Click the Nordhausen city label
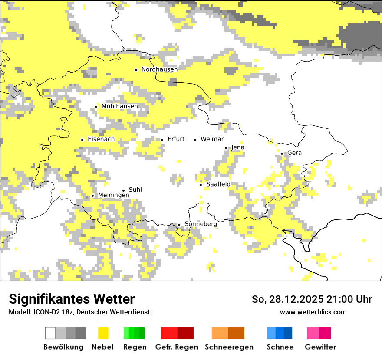pyautogui.click(x=159, y=69)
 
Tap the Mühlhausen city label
pyautogui.click(x=119, y=106)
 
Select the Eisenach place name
pyautogui.click(x=101, y=139)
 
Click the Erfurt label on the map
pyautogui.click(x=176, y=139)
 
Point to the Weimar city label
pyautogui.click(x=212, y=139)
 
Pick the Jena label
pyautogui.click(x=237, y=147)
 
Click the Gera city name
pyautogui.click(x=294, y=153)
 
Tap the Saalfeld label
pyautogui.click(x=218, y=184)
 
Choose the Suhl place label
pyautogui.click(x=135, y=190)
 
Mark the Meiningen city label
pyautogui.click(x=113, y=196)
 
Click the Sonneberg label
pyautogui.click(x=201, y=224)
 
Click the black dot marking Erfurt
pyautogui.click(x=162, y=140)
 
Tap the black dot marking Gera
pyautogui.click(x=282, y=153)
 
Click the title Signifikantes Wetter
pyautogui.click(x=72, y=299)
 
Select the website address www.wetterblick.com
pyautogui.click(x=313, y=312)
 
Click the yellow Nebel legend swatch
pyautogui.click(x=103, y=333)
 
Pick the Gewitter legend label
pyautogui.click(x=320, y=347)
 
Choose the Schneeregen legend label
pyautogui.click(x=229, y=347)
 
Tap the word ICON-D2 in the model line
pyautogui.click(x=45, y=312)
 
